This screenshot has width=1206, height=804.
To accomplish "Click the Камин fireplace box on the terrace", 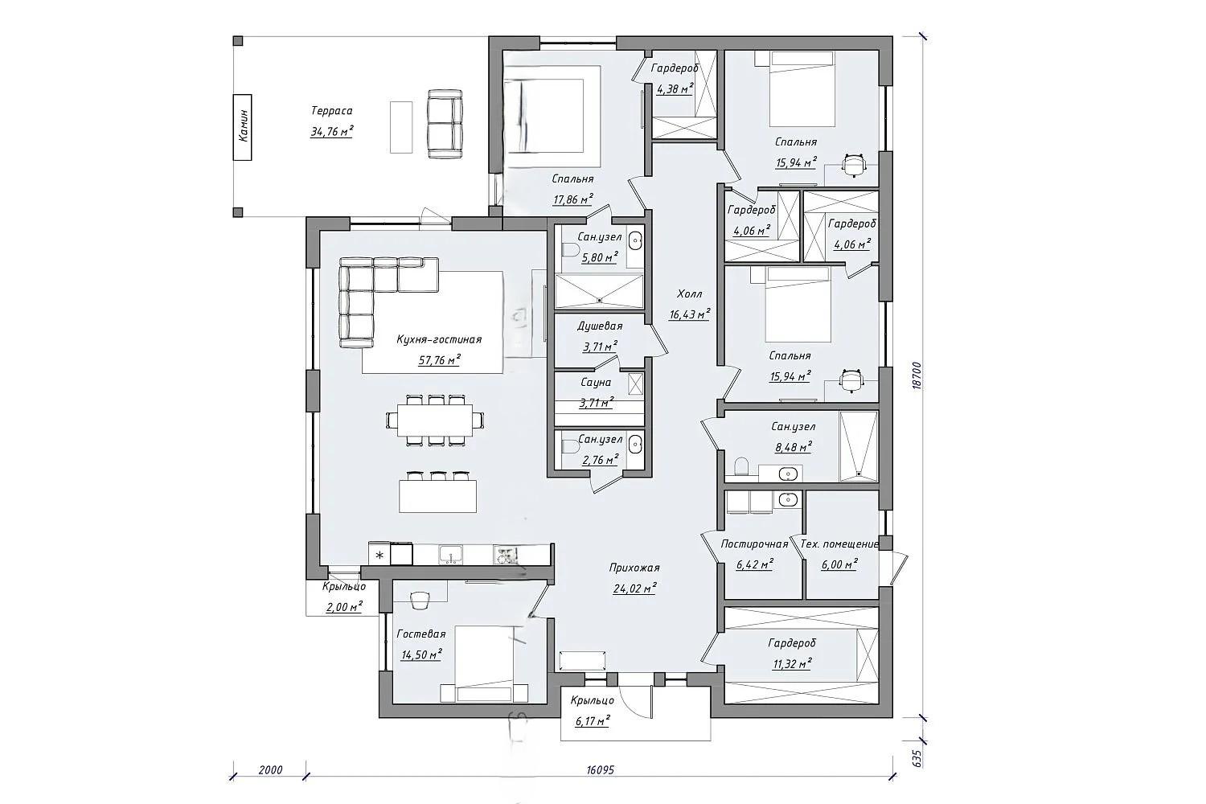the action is (242, 127).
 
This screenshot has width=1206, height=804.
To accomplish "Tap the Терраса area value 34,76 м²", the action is (331, 131).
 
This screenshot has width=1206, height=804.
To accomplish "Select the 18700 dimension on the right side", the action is (917, 375).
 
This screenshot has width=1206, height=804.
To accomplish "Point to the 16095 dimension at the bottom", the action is (600, 769).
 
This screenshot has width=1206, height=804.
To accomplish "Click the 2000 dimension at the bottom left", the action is (270, 769).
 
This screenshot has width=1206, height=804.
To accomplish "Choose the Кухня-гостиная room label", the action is (439, 339).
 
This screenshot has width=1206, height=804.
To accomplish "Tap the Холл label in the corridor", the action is (689, 294).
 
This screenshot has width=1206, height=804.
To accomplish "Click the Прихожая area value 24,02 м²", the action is (634, 589).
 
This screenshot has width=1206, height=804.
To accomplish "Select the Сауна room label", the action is (596, 383).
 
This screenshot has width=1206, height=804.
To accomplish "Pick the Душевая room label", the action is (600, 326).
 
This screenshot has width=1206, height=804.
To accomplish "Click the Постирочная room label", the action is (754, 544).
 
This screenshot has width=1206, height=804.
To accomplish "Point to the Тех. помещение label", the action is (839, 544).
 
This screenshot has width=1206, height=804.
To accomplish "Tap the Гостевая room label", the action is (421, 634).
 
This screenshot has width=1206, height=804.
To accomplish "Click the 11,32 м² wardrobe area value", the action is (792, 663).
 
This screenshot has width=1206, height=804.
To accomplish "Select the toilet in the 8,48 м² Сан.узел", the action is (741, 466).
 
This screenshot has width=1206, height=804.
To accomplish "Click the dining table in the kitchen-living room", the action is (435, 420).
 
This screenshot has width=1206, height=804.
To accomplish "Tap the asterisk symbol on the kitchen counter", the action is (379, 555).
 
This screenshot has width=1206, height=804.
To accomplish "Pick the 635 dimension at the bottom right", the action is (917, 758).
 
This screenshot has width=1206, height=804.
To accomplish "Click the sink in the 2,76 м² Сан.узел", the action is (637, 445).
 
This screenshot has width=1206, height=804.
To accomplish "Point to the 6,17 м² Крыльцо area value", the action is (593, 720).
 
